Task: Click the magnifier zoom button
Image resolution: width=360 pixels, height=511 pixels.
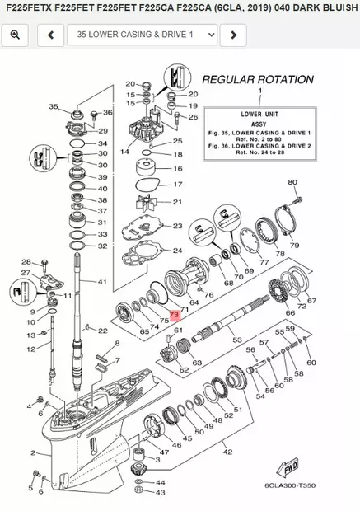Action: [x=16, y=35]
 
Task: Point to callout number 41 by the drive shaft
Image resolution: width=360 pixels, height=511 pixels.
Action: [x=102, y=282]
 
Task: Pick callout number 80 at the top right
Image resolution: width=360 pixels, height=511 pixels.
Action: [x=292, y=182]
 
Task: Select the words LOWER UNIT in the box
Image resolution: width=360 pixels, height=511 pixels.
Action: [x=259, y=116]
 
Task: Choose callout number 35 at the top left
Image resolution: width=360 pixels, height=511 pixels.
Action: [x=54, y=107]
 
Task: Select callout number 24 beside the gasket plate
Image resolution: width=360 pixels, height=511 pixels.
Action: [x=177, y=251]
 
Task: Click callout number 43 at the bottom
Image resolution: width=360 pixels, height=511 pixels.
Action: [x=161, y=493]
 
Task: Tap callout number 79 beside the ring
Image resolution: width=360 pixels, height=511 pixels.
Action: [x=294, y=246]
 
